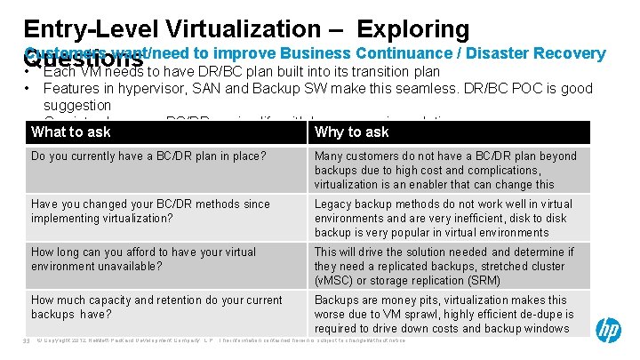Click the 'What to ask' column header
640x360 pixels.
(x=71, y=132)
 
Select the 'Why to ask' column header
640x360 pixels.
(x=352, y=132)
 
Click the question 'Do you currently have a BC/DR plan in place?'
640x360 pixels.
(x=148, y=156)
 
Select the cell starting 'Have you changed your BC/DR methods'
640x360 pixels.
(x=150, y=212)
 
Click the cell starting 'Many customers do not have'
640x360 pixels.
(x=445, y=170)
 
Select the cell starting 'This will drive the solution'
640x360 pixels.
(x=444, y=267)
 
